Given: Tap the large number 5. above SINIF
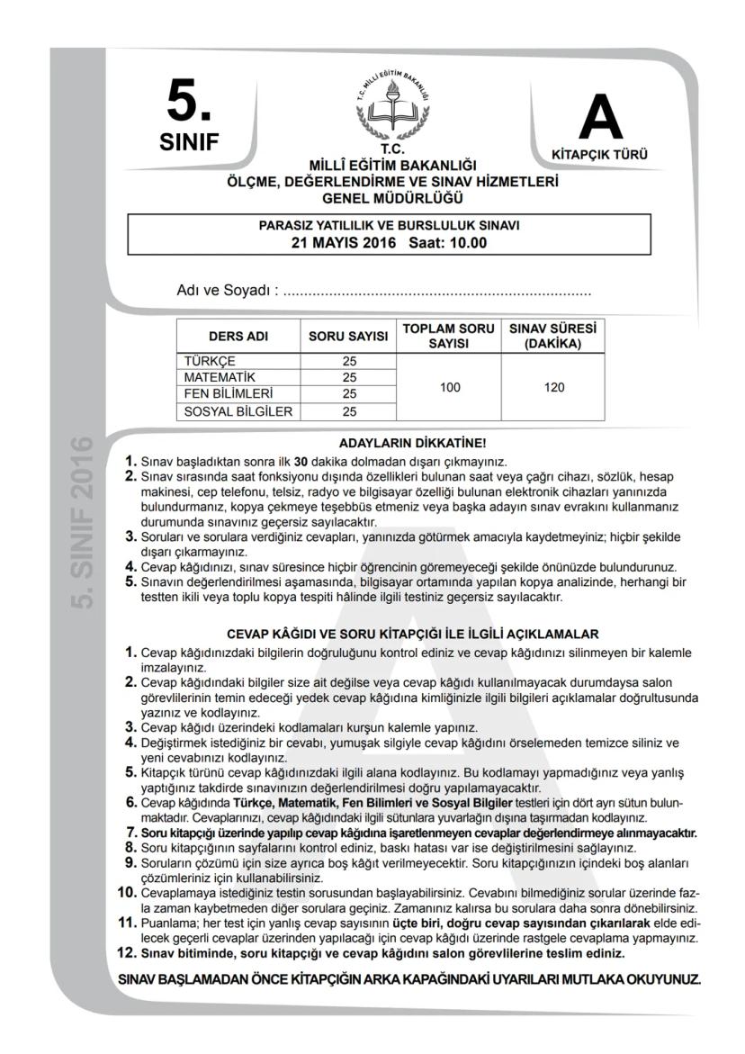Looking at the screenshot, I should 190,104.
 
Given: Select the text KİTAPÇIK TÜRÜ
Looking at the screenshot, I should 599,154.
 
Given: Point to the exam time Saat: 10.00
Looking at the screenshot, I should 447,242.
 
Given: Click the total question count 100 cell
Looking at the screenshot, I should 450,386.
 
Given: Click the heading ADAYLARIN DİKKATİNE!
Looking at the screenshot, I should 412,443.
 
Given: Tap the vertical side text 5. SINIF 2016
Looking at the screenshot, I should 83,522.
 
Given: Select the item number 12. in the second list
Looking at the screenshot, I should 126,952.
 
